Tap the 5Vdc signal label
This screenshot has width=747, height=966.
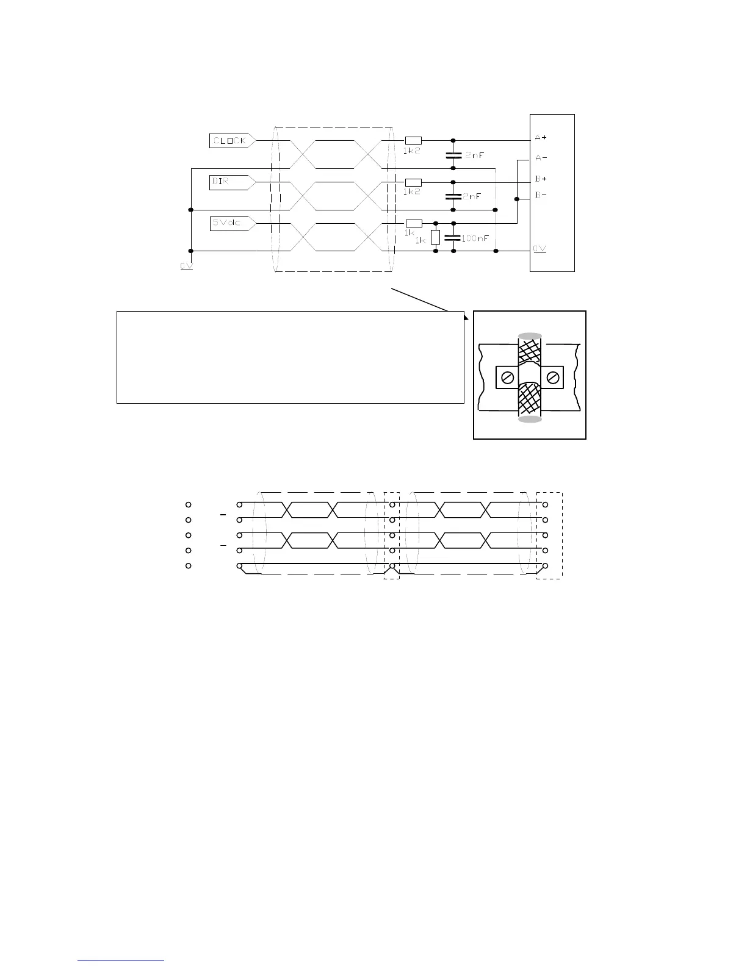tap(226, 223)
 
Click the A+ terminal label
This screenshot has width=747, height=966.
tap(541, 138)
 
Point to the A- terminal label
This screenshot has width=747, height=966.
tap(541, 157)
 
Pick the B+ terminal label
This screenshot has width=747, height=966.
tap(541, 179)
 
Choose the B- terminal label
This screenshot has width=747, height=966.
tap(541, 195)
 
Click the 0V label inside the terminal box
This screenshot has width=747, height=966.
tap(539, 249)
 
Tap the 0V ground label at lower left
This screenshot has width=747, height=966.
tap(186, 267)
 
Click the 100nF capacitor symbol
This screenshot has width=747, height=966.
tap(453, 237)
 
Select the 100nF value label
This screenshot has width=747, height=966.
tap(475, 238)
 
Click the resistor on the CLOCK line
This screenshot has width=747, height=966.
tap(413, 141)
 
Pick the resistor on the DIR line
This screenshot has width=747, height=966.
tap(413, 182)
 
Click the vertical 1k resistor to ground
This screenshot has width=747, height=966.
tap(435, 237)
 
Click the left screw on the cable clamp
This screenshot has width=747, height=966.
tap(505, 378)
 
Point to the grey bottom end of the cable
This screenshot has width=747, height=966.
tap(529, 419)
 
